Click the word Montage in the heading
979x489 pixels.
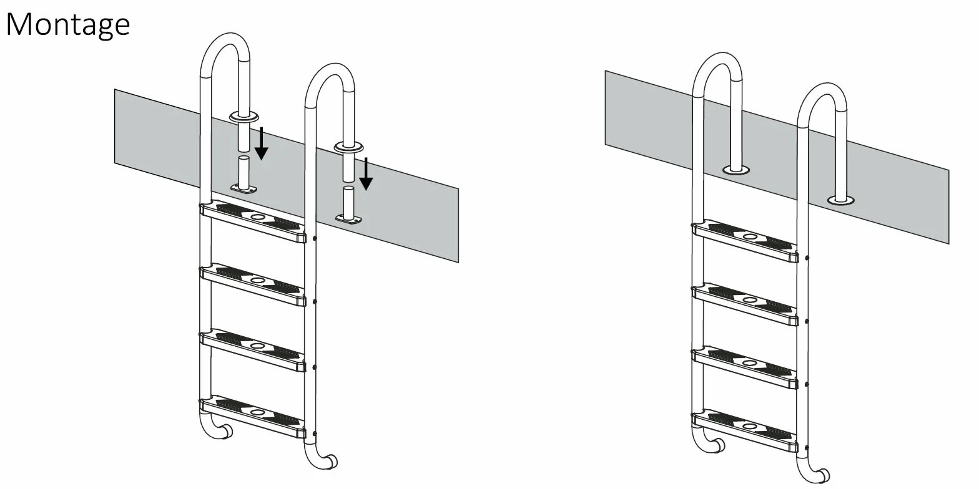[x=67, y=25]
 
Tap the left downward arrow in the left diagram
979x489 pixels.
[x=262, y=143]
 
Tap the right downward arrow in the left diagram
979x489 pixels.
[x=366, y=174]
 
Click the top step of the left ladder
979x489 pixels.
[x=253, y=221]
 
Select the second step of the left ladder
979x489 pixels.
[x=253, y=284]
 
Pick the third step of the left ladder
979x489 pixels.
[x=253, y=350]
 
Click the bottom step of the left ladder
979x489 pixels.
[x=253, y=417]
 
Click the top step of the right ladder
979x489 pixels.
[x=745, y=241]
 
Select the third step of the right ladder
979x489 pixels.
[x=745, y=367]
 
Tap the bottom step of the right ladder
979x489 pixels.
[x=745, y=431]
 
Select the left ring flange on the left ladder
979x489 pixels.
[x=244, y=117]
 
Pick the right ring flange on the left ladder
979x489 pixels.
[x=348, y=147]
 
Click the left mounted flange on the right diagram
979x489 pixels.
[x=736, y=170]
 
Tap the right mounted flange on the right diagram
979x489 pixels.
[x=841, y=200]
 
